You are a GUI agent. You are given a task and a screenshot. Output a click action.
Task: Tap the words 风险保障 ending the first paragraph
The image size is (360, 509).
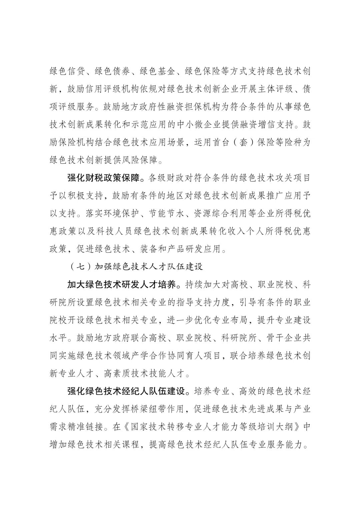(141, 160)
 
